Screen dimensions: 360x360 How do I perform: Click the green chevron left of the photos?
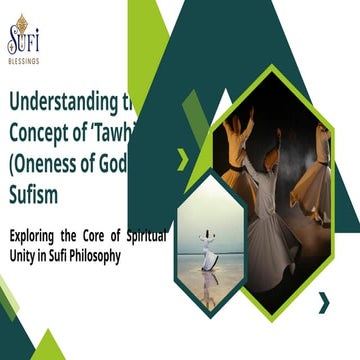tap(182, 157)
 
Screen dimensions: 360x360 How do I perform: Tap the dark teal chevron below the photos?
tap(323, 301)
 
